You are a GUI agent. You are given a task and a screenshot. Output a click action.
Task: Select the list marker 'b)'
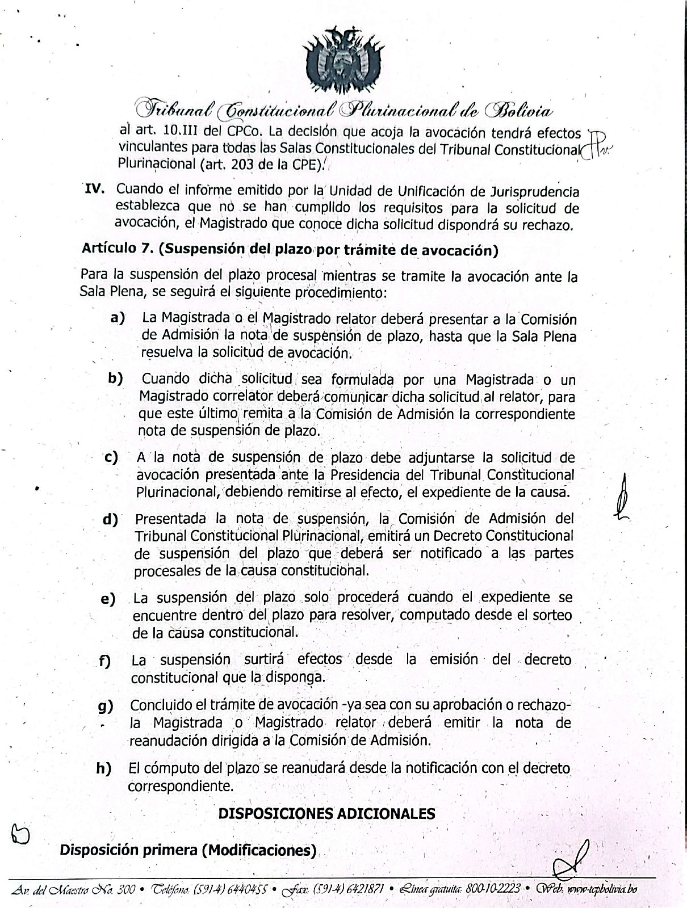115,378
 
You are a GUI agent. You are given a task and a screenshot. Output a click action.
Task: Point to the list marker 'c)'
111,457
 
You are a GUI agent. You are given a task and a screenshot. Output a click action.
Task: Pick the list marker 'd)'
110,519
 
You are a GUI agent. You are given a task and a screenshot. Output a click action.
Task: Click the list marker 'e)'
107,599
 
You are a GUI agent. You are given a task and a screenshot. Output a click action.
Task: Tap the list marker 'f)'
104,661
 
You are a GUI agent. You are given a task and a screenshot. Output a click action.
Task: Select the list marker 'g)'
106,706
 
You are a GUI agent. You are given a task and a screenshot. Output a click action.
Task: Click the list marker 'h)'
103,769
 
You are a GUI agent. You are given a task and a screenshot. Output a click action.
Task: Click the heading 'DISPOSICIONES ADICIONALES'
327,813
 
